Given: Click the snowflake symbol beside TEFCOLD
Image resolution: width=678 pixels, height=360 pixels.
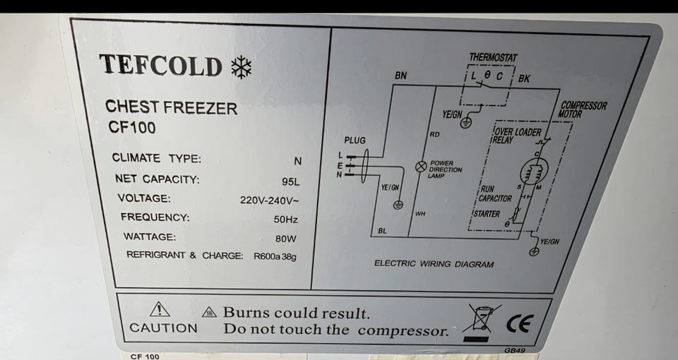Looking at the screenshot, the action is (x=242, y=68).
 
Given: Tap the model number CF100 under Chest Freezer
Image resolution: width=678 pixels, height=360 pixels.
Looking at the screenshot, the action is (x=132, y=128).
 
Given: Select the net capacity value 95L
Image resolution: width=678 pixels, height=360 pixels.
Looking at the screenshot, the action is (x=290, y=182).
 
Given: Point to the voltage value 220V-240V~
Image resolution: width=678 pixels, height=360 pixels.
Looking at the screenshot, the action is (x=269, y=200).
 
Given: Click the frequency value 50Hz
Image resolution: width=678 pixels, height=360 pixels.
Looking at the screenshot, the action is (x=286, y=220).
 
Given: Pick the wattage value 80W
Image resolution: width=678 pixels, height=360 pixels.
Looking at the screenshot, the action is (x=286, y=239).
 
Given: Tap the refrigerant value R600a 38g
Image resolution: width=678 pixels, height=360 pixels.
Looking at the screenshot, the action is (x=275, y=257).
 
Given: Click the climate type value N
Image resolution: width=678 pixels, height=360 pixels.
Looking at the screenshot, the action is (x=297, y=162).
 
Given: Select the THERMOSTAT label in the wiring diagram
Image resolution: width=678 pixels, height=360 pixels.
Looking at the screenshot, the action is (x=494, y=57).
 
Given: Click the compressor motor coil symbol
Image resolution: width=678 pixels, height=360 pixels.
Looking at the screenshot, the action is (x=533, y=171).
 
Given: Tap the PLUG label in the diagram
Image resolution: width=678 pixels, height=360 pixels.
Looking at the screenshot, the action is (x=355, y=140).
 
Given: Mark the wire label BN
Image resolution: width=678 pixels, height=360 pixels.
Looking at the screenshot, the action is (x=401, y=76).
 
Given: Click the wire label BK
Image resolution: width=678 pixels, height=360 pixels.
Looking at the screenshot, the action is (x=524, y=78).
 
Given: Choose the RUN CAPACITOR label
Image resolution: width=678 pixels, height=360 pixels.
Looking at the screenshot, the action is (x=496, y=194).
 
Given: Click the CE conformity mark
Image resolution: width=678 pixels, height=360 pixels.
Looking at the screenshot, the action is (x=521, y=323).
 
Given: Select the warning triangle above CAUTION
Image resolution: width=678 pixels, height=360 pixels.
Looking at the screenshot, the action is (x=160, y=309).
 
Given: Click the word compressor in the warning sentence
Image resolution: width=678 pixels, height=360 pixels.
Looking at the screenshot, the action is (x=403, y=331).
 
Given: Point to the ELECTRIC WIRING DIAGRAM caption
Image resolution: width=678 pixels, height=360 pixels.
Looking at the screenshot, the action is (x=434, y=263).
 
